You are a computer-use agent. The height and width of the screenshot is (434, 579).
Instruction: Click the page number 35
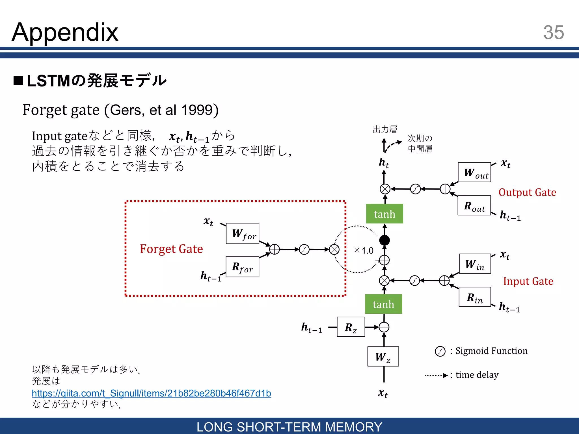pos(553,32)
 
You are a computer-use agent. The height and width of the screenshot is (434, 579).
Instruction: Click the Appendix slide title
pos(65,32)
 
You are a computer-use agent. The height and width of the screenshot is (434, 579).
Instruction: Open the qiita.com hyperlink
pos(151,393)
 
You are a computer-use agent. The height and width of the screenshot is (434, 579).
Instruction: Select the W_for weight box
pos(243,233)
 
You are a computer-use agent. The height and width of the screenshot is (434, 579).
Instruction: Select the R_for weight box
pos(242,266)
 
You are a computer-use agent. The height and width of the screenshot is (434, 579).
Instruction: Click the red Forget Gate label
pos(171,249)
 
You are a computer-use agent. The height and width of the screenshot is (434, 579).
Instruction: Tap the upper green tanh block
pos(384,214)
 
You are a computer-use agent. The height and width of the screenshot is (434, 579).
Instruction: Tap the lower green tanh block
pos(383,304)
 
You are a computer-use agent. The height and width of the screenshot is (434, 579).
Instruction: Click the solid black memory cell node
pos(384,240)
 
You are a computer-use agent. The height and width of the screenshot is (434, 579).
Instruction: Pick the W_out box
pos(474,172)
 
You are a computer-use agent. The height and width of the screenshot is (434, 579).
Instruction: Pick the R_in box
pos(475,297)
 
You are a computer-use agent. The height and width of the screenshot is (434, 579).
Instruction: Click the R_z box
pos(351,327)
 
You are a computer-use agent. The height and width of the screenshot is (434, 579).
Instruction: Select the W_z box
pos(383,357)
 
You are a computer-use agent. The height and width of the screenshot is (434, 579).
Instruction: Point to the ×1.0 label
pos(364,250)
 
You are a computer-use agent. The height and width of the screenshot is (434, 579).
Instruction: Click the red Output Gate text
pos(527,192)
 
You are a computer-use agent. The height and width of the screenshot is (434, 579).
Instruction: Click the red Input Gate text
pos(528,281)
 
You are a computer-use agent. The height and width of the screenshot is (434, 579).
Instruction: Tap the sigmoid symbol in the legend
pos(440,351)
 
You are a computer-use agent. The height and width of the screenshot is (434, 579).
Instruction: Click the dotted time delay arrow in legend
pos(437,376)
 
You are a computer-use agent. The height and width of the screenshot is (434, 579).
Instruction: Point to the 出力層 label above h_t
pos(385,129)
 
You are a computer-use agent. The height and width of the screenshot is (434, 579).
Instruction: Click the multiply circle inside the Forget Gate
pos(334,249)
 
